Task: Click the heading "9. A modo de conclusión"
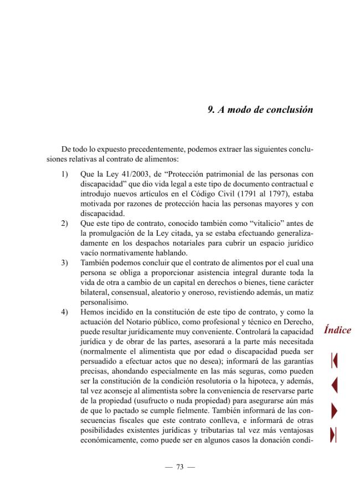tap(260, 110)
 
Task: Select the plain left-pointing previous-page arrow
tap(334, 385)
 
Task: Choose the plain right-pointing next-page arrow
tap(334, 410)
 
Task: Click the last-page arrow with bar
tap(334, 435)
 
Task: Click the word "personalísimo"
tap(105, 302)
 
